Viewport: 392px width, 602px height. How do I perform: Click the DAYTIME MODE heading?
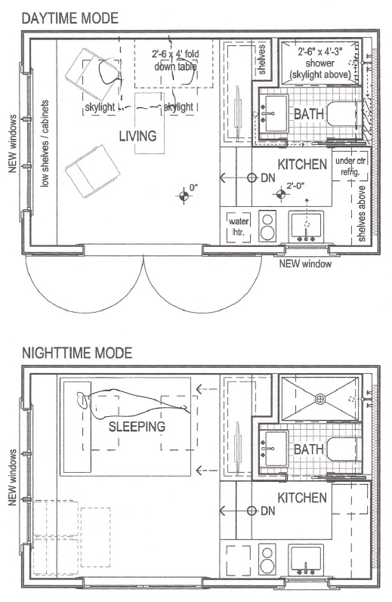click(x=70, y=18)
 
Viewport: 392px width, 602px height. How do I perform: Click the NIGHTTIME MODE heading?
click(x=77, y=353)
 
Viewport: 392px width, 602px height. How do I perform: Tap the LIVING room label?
click(x=137, y=136)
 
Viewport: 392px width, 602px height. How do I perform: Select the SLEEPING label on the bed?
click(x=137, y=426)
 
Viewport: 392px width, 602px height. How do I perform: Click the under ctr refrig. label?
click(x=350, y=166)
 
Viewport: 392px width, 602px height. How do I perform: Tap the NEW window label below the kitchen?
click(x=305, y=264)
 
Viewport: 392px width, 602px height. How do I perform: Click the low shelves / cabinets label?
click(x=45, y=144)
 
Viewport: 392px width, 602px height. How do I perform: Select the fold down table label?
click(x=175, y=60)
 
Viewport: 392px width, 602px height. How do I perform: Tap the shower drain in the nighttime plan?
click(x=319, y=400)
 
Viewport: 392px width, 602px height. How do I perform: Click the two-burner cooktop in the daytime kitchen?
click(x=267, y=226)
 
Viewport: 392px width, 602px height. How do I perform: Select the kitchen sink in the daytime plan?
click(x=306, y=226)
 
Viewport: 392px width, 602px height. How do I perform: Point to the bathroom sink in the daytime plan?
click(x=273, y=113)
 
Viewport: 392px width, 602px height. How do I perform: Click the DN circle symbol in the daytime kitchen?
click(x=252, y=178)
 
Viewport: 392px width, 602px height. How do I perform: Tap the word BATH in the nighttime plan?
click(x=309, y=449)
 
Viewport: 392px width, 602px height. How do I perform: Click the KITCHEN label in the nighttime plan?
click(x=302, y=498)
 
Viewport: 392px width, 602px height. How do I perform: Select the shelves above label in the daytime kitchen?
click(x=362, y=214)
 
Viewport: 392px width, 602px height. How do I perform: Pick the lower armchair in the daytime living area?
click(x=93, y=171)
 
